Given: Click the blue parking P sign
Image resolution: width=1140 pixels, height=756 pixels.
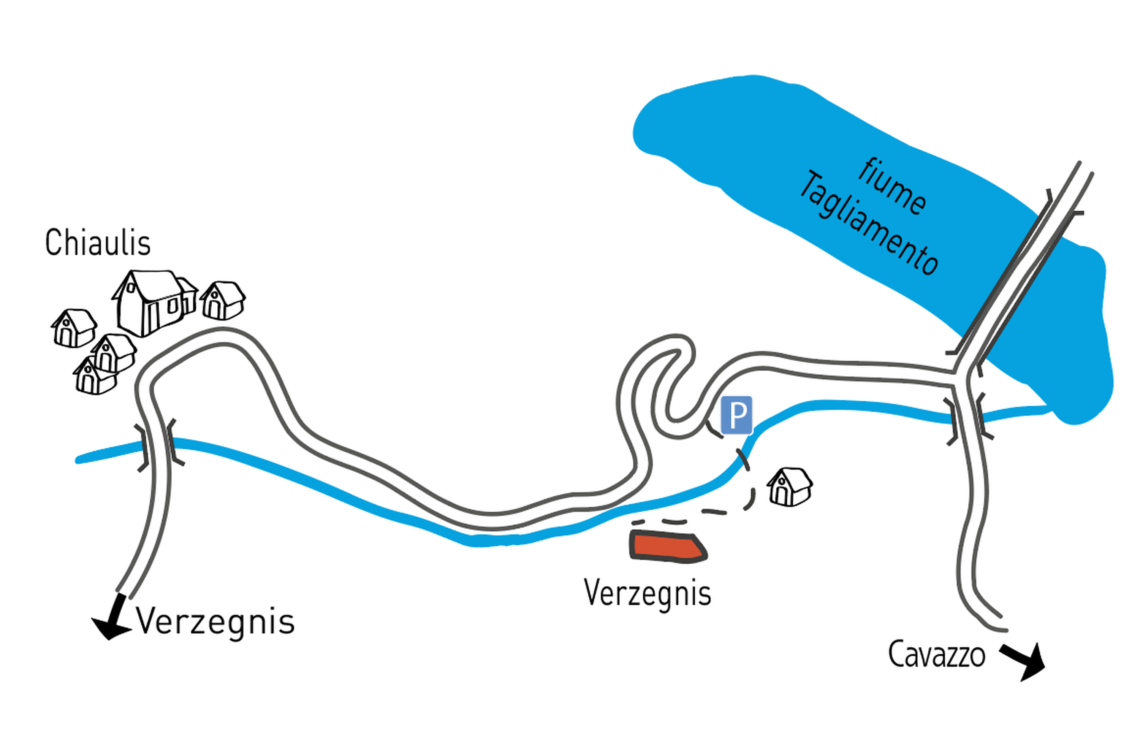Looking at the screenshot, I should (736, 415).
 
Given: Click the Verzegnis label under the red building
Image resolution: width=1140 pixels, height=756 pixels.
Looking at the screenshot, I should (648, 593).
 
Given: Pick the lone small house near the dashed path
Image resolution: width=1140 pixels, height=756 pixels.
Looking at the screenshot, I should (789, 487).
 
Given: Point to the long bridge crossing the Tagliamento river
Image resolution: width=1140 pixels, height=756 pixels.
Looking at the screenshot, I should (1017, 270).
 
